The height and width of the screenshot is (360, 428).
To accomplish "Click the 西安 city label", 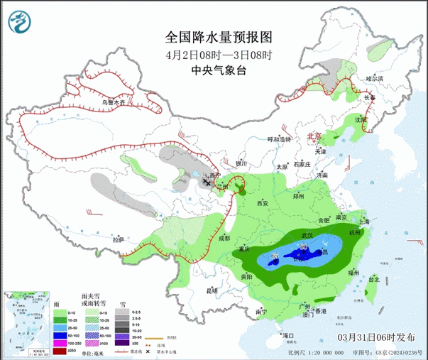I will point(261,204).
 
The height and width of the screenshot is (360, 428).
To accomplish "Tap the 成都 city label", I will point(226,238).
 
